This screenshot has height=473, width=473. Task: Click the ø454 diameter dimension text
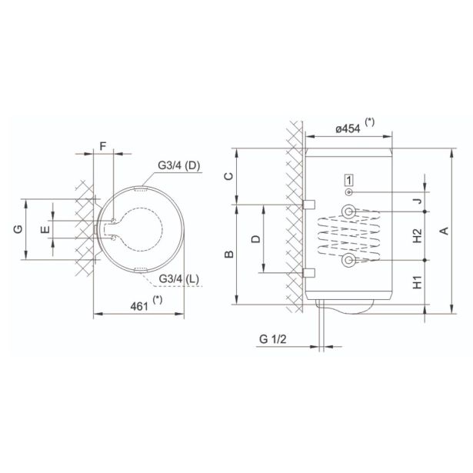click(348, 128)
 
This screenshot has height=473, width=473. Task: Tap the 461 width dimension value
click(139, 306)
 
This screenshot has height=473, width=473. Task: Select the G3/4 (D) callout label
click(179, 165)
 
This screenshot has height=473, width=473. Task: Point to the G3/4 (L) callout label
click(179, 278)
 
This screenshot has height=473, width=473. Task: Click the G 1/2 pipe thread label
click(273, 339)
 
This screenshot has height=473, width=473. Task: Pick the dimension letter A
click(445, 231)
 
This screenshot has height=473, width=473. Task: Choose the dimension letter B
click(229, 255)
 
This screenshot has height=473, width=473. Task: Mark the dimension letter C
click(229, 176)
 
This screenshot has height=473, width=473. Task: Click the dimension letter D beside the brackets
click(256, 239)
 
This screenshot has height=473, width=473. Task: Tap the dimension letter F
click(103, 146)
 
